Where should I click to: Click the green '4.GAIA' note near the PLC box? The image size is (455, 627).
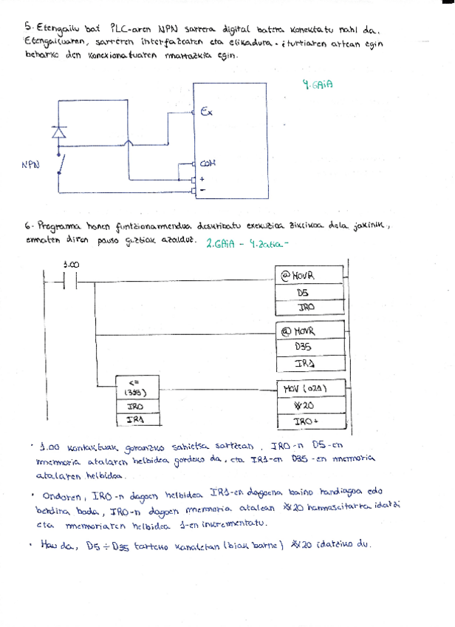pos(318,85)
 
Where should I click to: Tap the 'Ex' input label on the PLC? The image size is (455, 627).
pos(206,112)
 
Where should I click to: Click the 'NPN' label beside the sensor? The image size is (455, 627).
pos(30,165)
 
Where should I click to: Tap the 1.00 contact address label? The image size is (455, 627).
pos(72,265)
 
